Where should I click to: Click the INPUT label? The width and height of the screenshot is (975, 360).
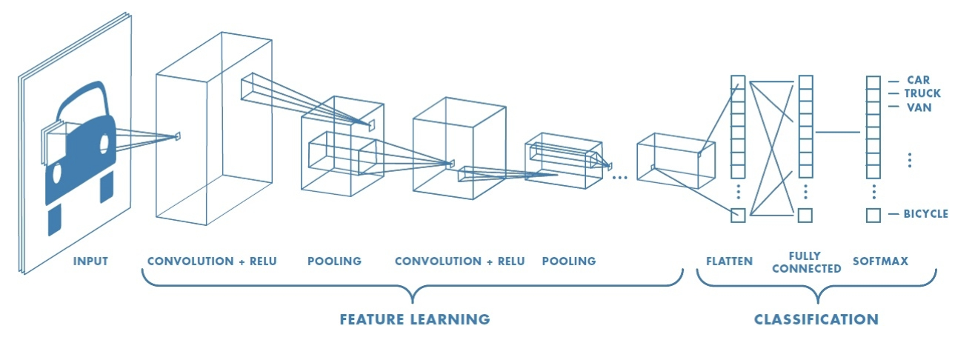click(90, 261)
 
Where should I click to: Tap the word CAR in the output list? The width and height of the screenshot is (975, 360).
click(918, 80)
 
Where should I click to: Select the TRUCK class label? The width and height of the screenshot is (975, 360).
click(922, 93)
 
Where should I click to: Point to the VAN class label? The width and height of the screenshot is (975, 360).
click(919, 107)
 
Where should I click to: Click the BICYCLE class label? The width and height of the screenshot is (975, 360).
click(925, 214)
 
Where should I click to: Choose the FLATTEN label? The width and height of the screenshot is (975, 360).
click(729, 261)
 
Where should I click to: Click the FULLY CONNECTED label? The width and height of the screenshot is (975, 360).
click(806, 262)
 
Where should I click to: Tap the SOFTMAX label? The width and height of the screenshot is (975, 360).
click(880, 261)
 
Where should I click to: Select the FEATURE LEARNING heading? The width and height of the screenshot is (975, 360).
click(414, 319)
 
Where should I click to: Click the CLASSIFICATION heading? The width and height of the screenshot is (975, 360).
click(816, 319)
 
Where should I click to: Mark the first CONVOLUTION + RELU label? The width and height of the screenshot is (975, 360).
click(212, 261)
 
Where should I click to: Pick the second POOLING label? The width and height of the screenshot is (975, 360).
click(568, 261)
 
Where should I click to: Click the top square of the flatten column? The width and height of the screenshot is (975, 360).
click(737, 82)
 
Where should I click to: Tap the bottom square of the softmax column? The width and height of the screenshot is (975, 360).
click(873, 216)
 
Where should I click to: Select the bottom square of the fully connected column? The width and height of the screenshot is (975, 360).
click(805, 216)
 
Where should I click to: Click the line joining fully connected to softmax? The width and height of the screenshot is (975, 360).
click(837, 133)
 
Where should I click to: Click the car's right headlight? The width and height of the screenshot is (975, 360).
click(104, 142)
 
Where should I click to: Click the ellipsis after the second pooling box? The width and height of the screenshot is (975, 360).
click(621, 177)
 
